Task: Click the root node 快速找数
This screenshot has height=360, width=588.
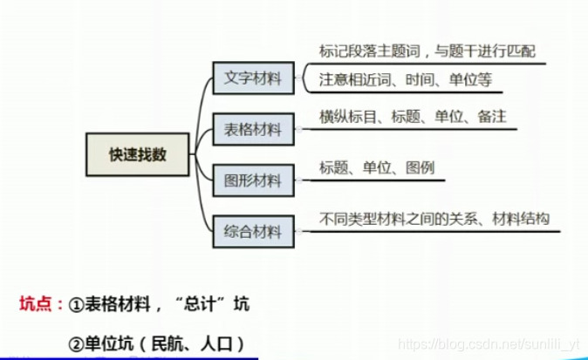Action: pos(137,155)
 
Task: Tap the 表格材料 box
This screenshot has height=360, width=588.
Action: pos(253,130)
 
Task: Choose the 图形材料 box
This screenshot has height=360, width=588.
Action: pos(253,180)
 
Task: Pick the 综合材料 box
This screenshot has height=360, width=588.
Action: pos(253,231)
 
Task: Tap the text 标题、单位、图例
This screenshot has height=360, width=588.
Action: pos(377,167)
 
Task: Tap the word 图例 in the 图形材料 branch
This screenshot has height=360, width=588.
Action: pos(420,167)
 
